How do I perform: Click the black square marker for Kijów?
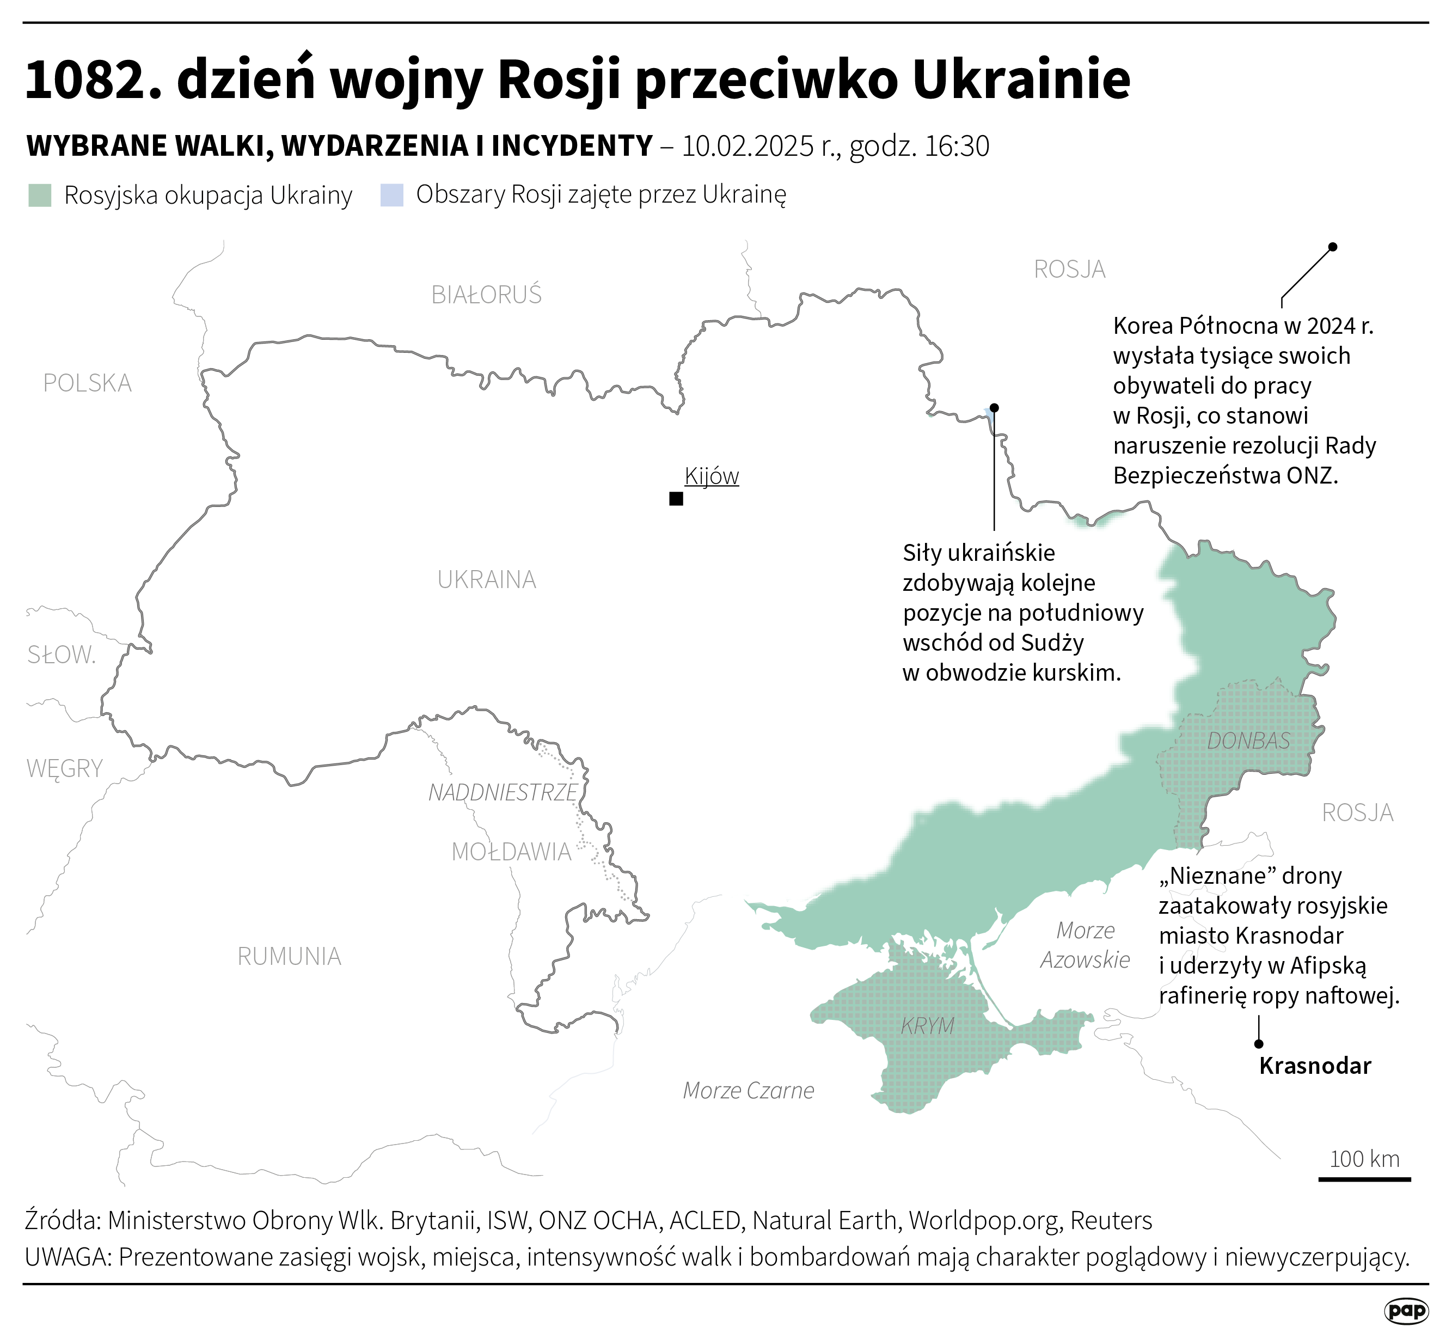coord(676,498)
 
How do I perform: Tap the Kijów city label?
coord(712,476)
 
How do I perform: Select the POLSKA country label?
coord(87,383)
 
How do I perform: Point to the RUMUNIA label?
coord(289,956)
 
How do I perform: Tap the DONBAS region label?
coord(1248,741)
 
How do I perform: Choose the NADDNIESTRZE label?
coord(503,793)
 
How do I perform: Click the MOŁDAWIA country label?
coord(512,851)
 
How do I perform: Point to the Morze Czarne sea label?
coord(749,1091)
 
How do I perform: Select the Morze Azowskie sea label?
coord(1085,945)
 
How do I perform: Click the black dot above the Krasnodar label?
coord(1259,1044)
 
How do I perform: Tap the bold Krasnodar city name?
coord(1315,1066)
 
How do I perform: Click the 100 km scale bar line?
coord(1364,1179)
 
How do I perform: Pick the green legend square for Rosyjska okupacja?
coord(40,195)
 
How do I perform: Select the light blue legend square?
coord(391,195)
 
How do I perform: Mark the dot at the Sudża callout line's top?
coord(994,408)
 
